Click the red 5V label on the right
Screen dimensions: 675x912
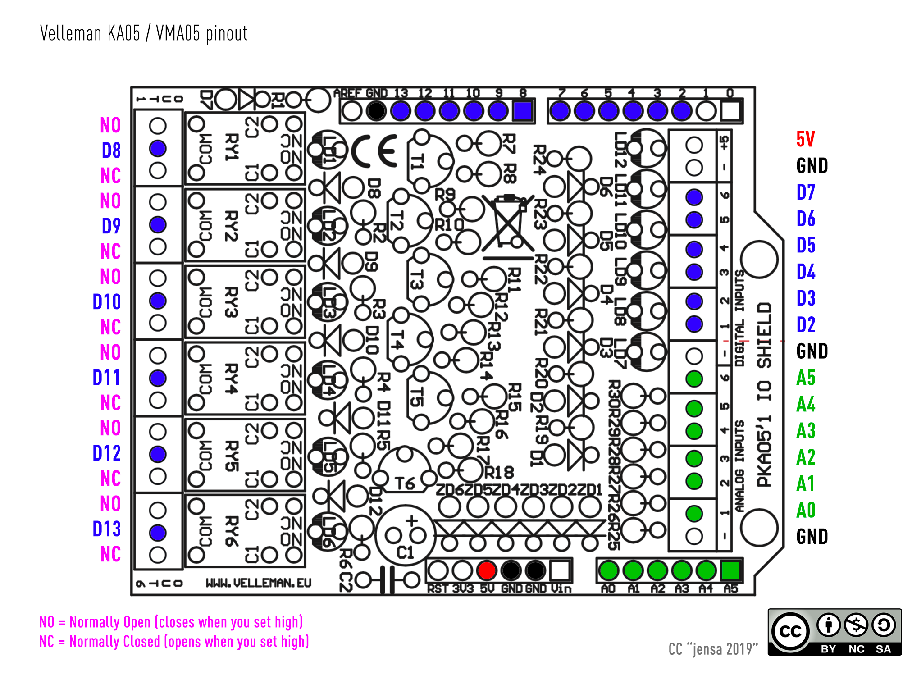[805, 139]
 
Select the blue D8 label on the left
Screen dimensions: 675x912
[111, 151]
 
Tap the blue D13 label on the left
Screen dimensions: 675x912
[106, 529]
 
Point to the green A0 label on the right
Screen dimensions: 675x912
[806, 511]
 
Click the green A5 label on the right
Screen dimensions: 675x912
[806, 378]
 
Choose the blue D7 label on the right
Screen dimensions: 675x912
[806, 192]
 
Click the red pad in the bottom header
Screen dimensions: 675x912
[487, 570]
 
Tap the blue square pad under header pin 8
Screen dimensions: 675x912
[523, 111]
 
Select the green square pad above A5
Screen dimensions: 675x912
[730, 570]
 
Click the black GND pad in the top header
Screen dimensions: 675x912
[376, 111]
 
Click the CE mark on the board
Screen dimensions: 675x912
[374, 151]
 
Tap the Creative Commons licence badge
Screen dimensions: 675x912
[834, 632]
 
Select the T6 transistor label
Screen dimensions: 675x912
[405, 483]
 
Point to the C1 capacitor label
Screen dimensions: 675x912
[405, 552]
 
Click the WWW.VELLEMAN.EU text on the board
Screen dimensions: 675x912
[258, 583]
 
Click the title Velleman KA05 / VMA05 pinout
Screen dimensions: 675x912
[144, 34]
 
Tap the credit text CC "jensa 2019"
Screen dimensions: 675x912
[713, 649]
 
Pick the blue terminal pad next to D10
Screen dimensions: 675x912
[158, 301]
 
